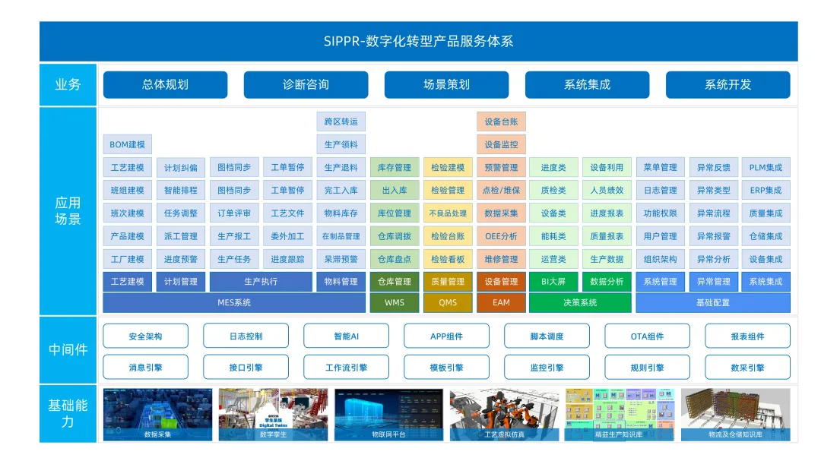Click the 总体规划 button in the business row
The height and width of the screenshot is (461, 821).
pos(165,85)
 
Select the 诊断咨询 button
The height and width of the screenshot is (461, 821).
pos(306,85)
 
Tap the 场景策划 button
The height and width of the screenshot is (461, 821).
pos(446,85)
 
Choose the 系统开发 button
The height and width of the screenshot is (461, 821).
pos(727,85)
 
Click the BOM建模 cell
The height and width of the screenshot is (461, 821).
pos(127,144)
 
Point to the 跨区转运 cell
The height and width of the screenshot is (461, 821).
pos(341,122)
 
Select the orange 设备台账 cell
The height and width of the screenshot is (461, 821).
pos(501,122)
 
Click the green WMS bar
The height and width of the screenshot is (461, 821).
pos(395,303)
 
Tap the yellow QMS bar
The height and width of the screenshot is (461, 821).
pos(448,303)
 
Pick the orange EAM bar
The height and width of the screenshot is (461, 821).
pos(501,303)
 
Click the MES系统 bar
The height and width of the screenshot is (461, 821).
pos(234,303)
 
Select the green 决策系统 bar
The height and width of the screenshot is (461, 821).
pos(580,303)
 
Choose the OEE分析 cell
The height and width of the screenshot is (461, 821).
pos(501,236)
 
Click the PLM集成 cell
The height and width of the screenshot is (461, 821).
pos(766,168)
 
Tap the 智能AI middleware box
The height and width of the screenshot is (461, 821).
pos(346,336)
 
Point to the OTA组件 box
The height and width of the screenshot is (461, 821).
pos(647,336)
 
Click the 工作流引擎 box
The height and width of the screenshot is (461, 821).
pos(346,368)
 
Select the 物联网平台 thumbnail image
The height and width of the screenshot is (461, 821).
pos(388,414)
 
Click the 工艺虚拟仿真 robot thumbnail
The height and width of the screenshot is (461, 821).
pos(504,414)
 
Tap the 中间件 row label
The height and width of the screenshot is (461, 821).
pos(68,350)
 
